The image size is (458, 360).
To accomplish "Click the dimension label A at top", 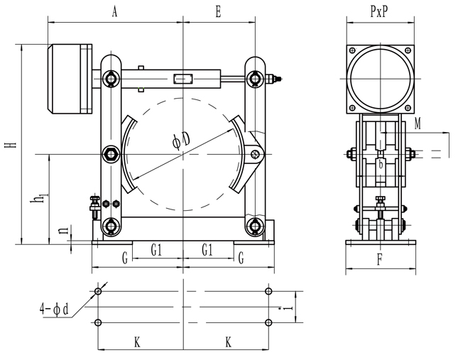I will point(114,12).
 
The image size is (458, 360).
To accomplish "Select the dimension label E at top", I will point(218,12).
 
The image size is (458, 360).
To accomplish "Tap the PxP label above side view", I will point(379,12).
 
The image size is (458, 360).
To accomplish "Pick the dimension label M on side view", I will point(418,124).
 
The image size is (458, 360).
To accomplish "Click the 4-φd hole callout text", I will point(54,310).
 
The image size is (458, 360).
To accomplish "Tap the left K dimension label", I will point(136,342).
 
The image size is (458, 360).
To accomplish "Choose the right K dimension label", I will point(229,342).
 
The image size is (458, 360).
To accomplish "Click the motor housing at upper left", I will point(69,80).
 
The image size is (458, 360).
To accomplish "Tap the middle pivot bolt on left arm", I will point(111,153).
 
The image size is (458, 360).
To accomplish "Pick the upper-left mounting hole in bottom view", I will point(99,291).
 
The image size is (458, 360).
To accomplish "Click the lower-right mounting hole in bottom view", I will point(268,323).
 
